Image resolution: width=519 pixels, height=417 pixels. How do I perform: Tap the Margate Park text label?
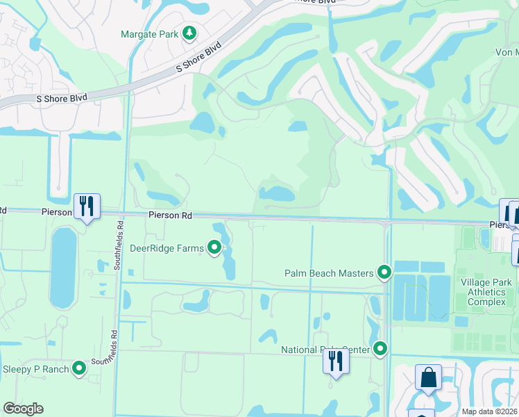pos(148,33)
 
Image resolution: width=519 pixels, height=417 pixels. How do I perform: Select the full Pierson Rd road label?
pos(169,216)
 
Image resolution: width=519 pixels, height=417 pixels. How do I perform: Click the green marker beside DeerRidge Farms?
pos(215,247)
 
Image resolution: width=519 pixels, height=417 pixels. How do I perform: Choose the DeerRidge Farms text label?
pos(167,247)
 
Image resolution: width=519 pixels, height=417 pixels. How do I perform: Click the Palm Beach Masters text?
pos(329,273)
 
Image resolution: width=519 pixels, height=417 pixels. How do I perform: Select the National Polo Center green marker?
pos(380,349)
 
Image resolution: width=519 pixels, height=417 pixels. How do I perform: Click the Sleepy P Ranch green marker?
pos(80,368)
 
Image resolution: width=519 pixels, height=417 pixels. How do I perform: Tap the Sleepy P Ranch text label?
pos(36,369)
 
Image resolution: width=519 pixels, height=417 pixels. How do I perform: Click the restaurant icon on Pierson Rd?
pos(87,206)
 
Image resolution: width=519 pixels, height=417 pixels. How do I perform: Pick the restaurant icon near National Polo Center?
pos(336,361)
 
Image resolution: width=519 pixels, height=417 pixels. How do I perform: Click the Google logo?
pos(23,409)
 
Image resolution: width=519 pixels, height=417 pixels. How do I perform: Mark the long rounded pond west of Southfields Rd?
pos(62,268)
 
